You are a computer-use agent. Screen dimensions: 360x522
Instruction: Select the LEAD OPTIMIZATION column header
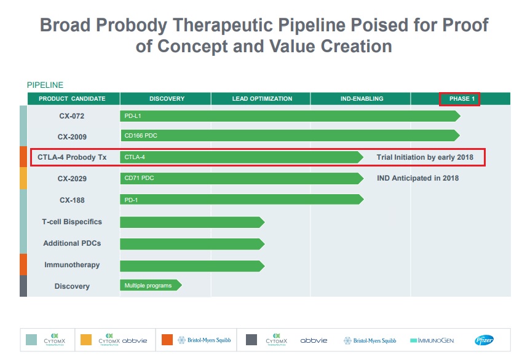[262, 99]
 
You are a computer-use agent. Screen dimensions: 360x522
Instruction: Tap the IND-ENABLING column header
[362, 99]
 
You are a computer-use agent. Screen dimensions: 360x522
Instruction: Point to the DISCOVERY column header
[167, 99]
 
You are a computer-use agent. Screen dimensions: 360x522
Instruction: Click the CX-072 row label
[72, 116]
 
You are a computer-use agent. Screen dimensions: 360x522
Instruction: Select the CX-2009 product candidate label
[72, 136]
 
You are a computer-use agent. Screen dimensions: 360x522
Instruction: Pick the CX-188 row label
[72, 200]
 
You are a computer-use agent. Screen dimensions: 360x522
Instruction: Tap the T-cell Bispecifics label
[72, 222]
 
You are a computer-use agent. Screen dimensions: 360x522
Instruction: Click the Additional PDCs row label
[72, 243]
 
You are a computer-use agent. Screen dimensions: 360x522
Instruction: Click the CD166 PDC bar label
[141, 136]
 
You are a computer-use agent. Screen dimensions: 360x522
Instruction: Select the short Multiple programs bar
[150, 286]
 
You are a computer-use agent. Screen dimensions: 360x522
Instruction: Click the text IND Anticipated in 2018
[417, 179]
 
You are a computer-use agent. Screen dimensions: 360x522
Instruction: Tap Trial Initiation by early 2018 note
[425, 157]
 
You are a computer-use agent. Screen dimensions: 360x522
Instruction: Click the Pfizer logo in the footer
[484, 340]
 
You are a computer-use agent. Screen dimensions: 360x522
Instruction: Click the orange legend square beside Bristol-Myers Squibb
[167, 340]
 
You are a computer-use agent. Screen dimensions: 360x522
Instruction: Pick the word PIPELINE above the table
[45, 85]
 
